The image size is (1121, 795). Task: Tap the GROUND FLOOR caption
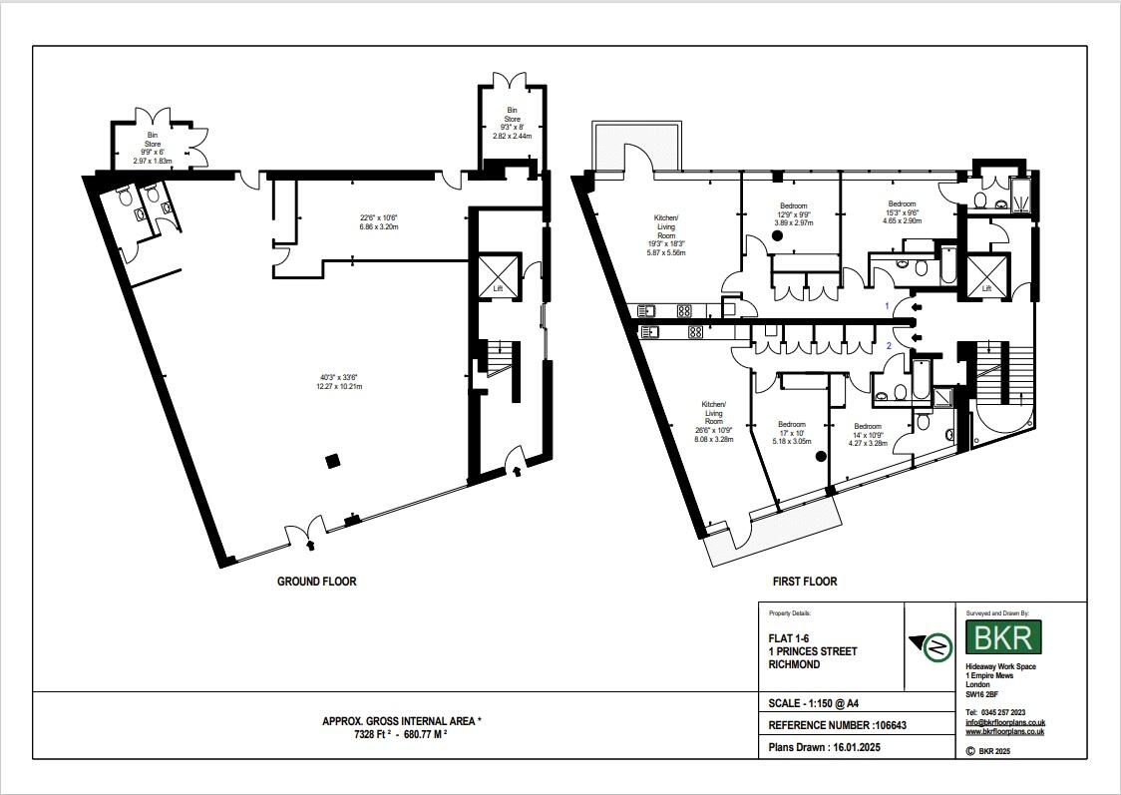316,582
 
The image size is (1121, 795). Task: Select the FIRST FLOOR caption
804,582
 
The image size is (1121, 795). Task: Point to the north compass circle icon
935,647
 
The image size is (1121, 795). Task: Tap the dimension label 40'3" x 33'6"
337,377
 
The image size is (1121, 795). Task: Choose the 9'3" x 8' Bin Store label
514,122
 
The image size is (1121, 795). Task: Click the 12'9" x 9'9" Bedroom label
794,214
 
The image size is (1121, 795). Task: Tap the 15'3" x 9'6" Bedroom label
902,212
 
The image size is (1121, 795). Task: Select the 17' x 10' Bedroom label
791,432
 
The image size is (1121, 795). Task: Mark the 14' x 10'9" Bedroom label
866,435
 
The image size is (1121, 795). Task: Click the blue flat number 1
888,305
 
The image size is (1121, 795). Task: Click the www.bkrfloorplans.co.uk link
1004,731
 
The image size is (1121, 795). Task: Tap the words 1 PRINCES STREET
812,651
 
